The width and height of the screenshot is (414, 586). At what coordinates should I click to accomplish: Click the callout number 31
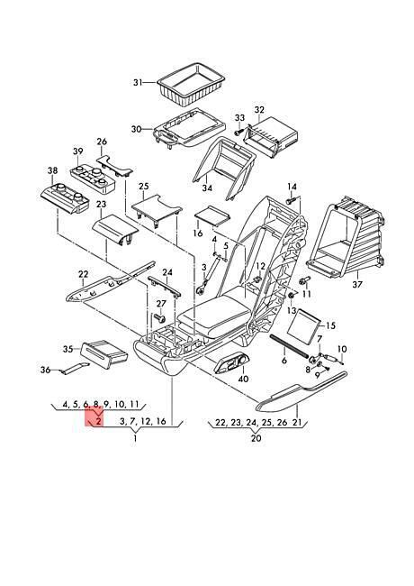pos(138,82)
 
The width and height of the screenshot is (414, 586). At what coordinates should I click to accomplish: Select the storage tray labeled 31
pos(192,83)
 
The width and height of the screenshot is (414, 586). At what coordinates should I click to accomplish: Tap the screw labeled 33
pos(238,132)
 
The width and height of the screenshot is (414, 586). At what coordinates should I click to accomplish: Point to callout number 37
pos(357,284)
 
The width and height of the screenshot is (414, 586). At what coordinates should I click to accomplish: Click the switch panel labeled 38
pos(65,198)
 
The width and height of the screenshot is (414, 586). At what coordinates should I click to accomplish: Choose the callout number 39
pos(78,151)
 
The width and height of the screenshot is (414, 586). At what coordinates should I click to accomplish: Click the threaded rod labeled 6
pos(289,346)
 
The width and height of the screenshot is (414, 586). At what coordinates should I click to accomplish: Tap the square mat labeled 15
pos(304,325)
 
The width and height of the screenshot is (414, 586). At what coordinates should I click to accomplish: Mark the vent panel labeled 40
pos(232,363)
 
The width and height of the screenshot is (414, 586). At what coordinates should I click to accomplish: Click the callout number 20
pos(256,437)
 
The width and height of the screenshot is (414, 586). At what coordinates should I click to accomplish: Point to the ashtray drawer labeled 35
pos(103,353)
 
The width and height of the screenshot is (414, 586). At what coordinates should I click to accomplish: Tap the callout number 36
pos(45,370)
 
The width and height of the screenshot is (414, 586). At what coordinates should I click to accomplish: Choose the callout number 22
pos(83,274)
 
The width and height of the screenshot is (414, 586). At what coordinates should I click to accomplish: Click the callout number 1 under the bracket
pos(135,438)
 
